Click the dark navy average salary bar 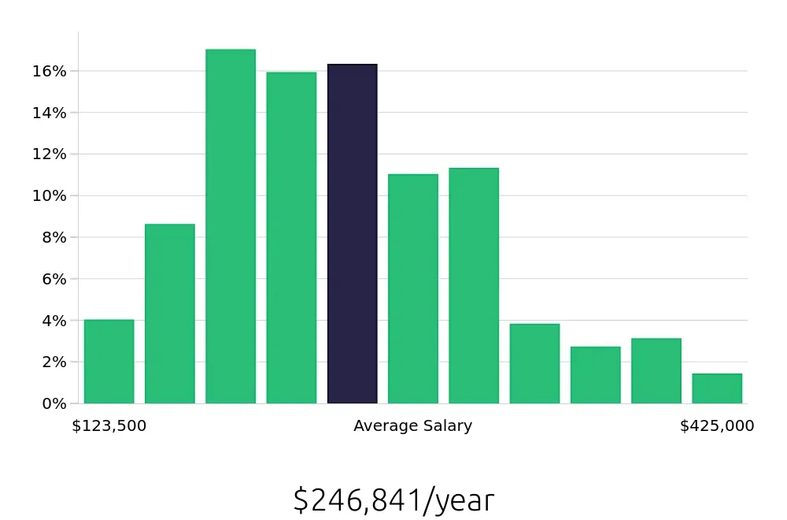click(352, 234)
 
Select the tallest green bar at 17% click(231, 227)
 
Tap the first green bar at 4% click(109, 362)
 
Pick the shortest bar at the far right click(717, 388)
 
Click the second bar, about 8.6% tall click(170, 314)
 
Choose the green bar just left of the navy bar click(291, 238)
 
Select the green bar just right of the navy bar click(413, 289)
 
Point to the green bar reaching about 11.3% click(474, 286)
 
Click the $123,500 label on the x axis click(109, 426)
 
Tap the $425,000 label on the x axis click(717, 426)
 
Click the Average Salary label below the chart click(412, 426)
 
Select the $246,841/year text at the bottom click(393, 500)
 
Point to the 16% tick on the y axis click(50, 71)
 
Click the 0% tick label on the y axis click(54, 403)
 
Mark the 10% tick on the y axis click(50, 195)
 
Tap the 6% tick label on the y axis click(54, 279)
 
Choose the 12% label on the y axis click(50, 154)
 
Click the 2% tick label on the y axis click(54, 362)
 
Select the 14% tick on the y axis click(50, 113)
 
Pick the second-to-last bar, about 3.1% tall click(656, 371)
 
